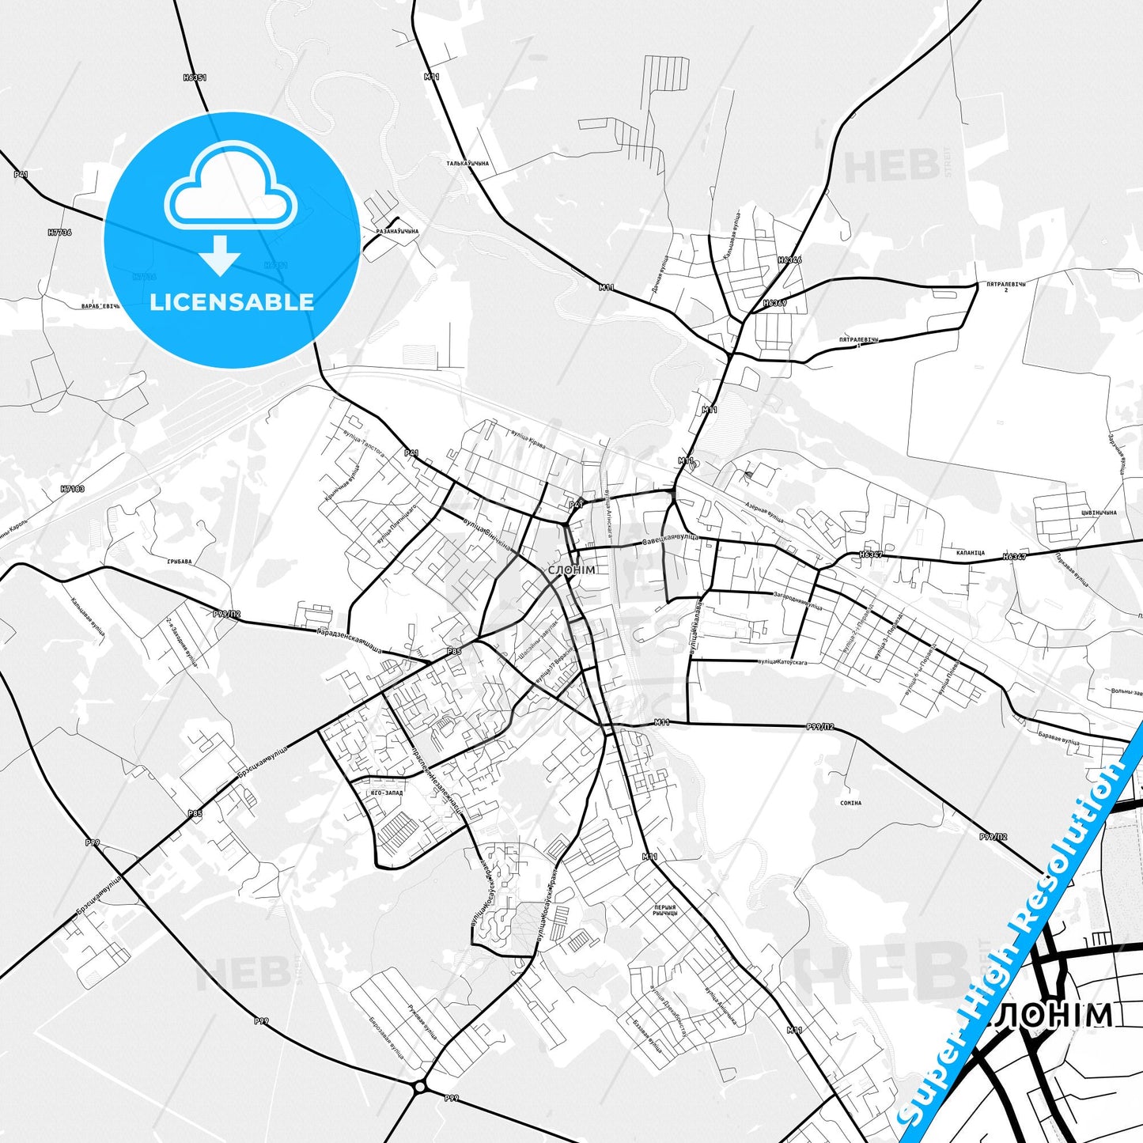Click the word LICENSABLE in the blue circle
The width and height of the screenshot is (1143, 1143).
point(232,301)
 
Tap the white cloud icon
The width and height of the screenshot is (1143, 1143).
point(231,193)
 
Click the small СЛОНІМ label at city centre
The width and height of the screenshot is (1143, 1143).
point(571,570)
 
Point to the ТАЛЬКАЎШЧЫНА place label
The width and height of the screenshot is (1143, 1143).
point(467,164)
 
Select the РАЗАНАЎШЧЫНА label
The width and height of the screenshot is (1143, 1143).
point(397,231)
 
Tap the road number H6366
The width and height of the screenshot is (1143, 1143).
point(789,259)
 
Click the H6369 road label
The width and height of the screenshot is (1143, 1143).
point(775,303)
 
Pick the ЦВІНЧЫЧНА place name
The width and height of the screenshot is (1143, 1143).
point(1095,513)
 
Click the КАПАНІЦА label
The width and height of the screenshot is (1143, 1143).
point(970,553)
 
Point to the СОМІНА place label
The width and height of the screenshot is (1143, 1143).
point(850,803)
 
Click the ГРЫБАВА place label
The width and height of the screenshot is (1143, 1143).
point(179,562)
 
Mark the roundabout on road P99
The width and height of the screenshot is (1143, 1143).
point(419,1087)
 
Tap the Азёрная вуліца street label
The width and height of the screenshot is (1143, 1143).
point(764,512)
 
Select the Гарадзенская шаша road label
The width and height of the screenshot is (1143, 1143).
point(350,642)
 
